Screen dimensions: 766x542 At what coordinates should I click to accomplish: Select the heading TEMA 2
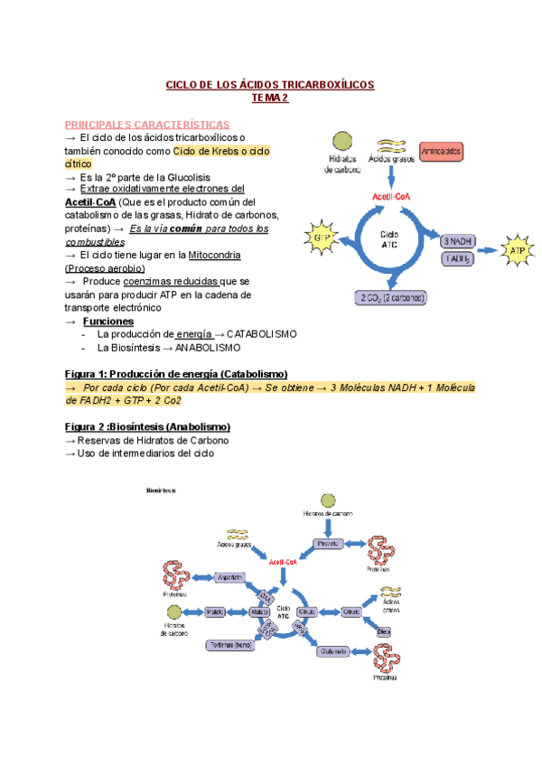(x=269, y=98)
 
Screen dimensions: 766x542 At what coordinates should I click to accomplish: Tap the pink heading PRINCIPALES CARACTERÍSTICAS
(x=147, y=124)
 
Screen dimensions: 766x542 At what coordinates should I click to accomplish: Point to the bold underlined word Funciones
(x=107, y=322)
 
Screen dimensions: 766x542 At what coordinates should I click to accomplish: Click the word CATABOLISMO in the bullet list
(x=261, y=334)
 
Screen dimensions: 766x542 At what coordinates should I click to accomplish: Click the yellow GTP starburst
(x=322, y=238)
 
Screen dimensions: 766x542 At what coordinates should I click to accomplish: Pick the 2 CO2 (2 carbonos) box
(x=393, y=297)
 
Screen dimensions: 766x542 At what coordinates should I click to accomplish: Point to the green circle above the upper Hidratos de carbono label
(x=341, y=141)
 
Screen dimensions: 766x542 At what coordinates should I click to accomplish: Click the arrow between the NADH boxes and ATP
(x=489, y=249)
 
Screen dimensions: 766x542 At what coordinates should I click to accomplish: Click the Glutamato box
(x=333, y=650)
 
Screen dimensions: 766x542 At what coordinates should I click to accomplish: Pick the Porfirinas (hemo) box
(x=229, y=645)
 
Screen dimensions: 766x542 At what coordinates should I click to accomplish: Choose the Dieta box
(x=384, y=631)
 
